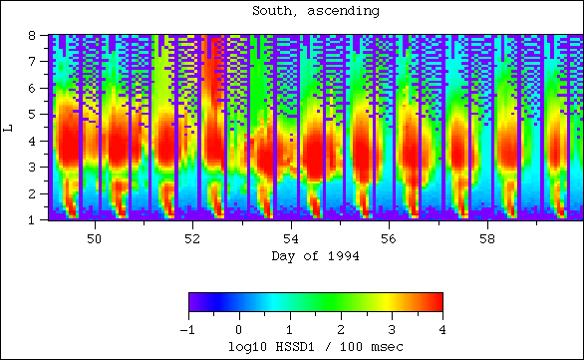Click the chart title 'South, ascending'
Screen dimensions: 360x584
292,11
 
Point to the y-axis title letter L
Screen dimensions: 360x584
9,127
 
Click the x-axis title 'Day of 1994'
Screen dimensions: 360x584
315,256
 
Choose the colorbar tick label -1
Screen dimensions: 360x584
188,328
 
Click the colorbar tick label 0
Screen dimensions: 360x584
239,328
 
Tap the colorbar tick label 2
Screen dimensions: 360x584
341,328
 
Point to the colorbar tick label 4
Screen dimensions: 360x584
441,328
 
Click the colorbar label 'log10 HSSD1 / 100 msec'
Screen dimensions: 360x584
315,345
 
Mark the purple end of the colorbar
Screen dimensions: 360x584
193,302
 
